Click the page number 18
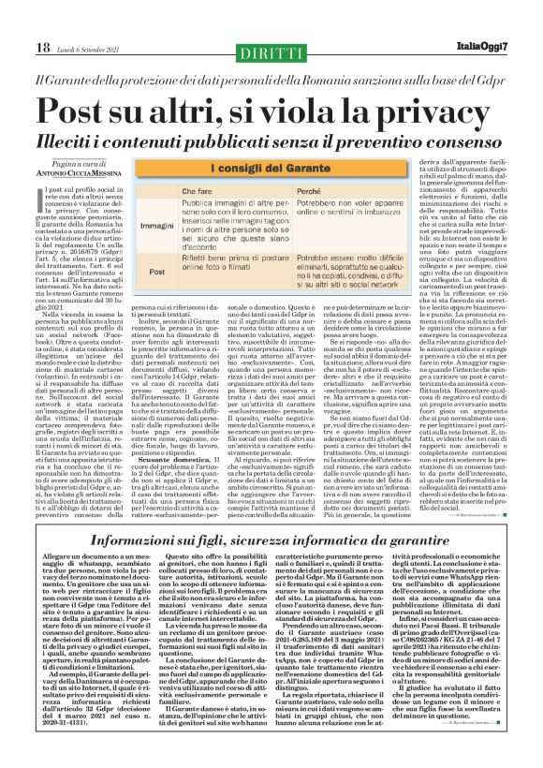click(18, 49)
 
